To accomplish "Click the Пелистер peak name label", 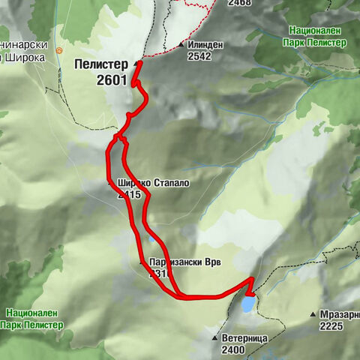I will (100, 65).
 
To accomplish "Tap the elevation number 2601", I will (111, 79).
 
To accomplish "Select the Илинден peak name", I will (207, 45).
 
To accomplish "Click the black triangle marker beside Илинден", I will (183, 45).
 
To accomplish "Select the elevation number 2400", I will (234, 349).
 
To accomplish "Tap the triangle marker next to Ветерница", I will (216, 338).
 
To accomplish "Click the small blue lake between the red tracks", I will (151, 238).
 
